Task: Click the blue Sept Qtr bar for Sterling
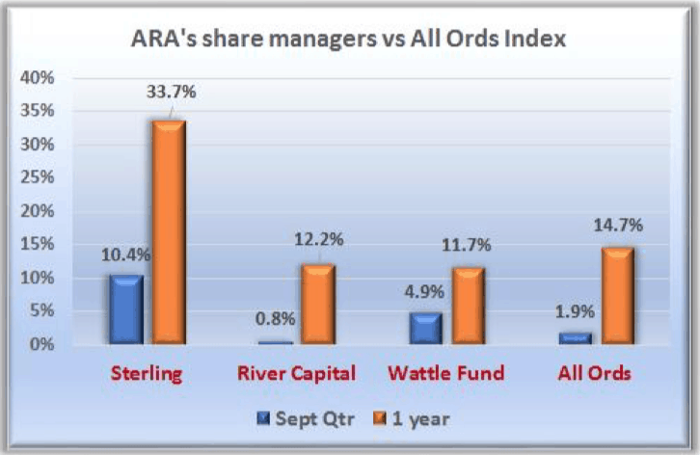point(126,309)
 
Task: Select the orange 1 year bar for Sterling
point(169,232)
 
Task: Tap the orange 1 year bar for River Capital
point(318,304)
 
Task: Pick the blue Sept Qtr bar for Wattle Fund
point(426,328)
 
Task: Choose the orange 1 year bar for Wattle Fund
point(469,306)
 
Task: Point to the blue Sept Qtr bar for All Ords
point(576,338)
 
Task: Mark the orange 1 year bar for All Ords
point(618,296)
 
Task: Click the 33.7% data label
point(172,92)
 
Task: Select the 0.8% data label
point(276,319)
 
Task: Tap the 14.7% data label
point(618,225)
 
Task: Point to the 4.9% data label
point(424,292)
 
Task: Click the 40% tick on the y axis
point(37,78)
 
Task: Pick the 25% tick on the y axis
point(37,177)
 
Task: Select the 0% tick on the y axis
point(42,344)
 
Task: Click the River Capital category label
point(296,373)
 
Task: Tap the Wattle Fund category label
point(446,373)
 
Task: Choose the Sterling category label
point(147,374)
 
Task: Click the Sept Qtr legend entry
point(307,418)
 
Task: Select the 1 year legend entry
point(411,418)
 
